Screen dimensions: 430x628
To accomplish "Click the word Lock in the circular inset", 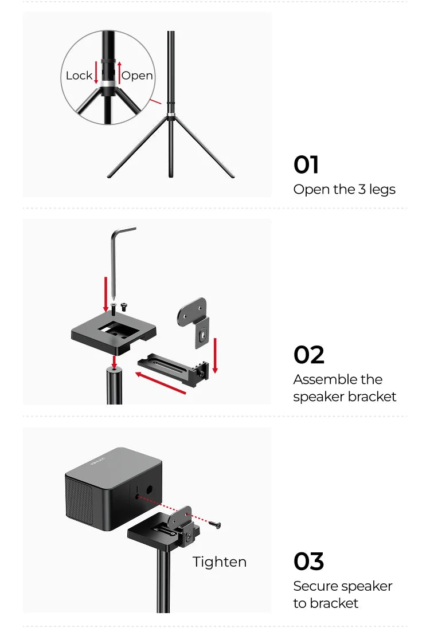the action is pos(79,76).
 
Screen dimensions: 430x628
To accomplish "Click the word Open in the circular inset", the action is pos(137,76).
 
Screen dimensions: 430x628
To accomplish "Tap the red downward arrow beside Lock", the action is pos(96,73).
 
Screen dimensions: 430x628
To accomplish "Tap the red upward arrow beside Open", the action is pos(119,73).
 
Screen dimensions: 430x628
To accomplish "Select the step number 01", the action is pos(306,164).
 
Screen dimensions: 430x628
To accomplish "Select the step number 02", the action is pos(308,355).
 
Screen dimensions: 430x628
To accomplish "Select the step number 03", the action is pos(308,561).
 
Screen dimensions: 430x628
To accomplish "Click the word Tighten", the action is pos(219,562).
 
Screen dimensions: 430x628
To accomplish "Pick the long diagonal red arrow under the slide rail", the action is pos(161,383).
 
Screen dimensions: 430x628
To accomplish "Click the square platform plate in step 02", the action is pos(114,332).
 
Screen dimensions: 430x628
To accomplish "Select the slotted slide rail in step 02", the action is pos(174,369).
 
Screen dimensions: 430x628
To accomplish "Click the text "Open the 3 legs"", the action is pos(344,190).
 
